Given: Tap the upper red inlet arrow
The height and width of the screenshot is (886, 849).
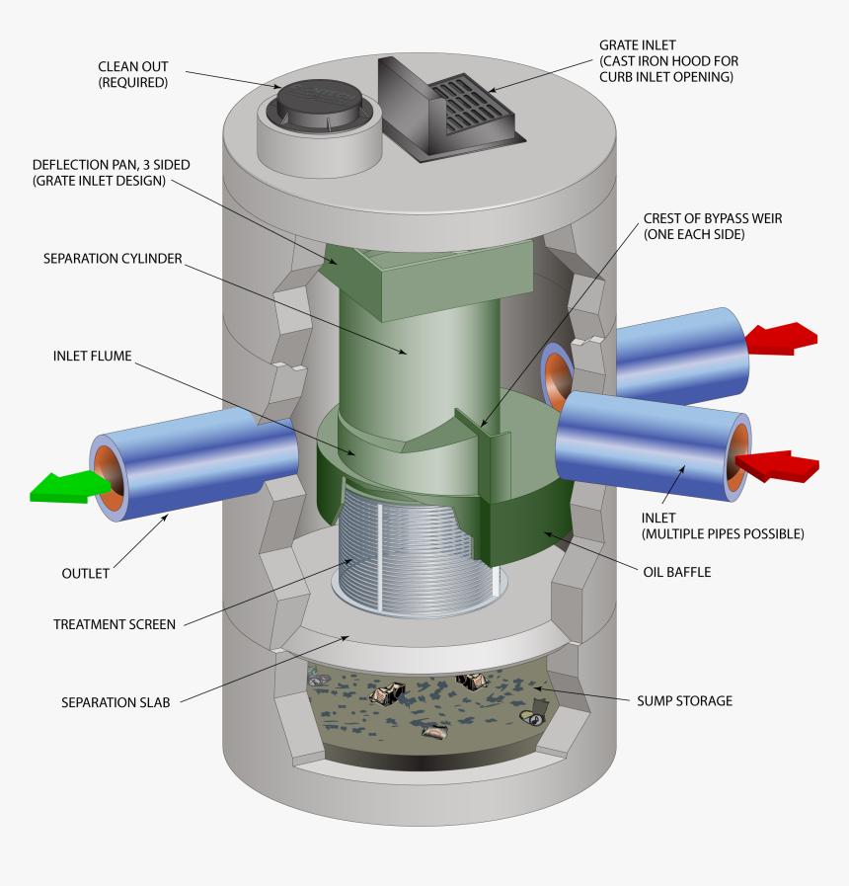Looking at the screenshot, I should (782, 338).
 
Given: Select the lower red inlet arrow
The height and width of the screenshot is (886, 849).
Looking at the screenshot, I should (779, 465).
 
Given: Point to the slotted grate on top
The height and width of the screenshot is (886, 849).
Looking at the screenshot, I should (473, 104).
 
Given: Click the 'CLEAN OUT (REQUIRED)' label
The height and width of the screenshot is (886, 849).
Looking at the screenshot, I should (133, 75).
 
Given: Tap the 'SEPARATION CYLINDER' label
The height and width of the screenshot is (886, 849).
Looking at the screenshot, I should (113, 258).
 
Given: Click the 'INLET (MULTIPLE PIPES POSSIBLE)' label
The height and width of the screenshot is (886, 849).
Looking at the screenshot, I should (722, 525).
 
